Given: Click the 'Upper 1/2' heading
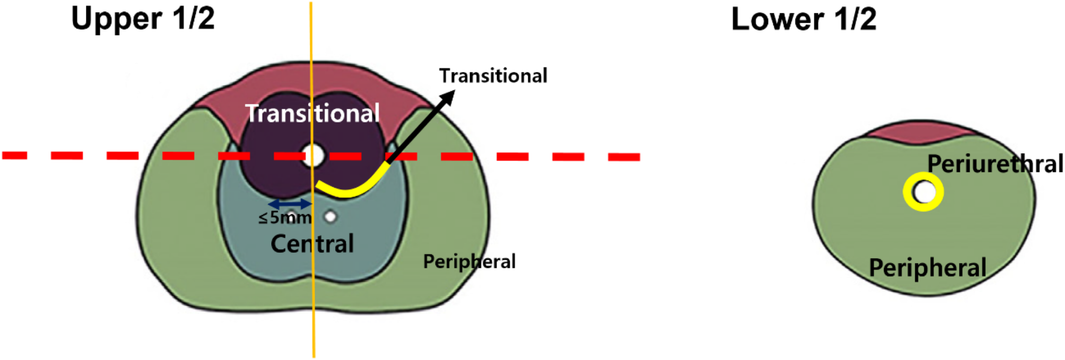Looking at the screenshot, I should click(x=143, y=19).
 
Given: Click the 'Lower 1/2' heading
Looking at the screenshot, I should click(x=804, y=19).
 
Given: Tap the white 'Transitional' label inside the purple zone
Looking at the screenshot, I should click(x=312, y=113).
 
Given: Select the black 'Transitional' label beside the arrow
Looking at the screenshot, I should click(x=493, y=76).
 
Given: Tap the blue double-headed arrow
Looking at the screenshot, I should click(x=290, y=204).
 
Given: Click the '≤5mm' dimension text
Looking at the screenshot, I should click(x=285, y=217).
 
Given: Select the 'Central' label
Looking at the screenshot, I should click(x=312, y=244).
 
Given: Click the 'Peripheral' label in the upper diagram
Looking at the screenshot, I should click(x=469, y=261).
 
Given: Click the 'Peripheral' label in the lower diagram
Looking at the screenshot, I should click(x=928, y=268).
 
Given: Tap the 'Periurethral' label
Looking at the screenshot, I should click(x=995, y=164).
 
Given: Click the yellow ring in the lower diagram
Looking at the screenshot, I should click(x=923, y=178).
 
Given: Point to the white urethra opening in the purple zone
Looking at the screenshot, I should click(x=313, y=156).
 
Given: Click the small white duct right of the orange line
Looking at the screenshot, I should click(x=330, y=216).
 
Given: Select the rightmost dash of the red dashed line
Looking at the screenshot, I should click(x=624, y=157).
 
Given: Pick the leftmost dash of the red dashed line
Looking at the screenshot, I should click(x=14, y=155).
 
